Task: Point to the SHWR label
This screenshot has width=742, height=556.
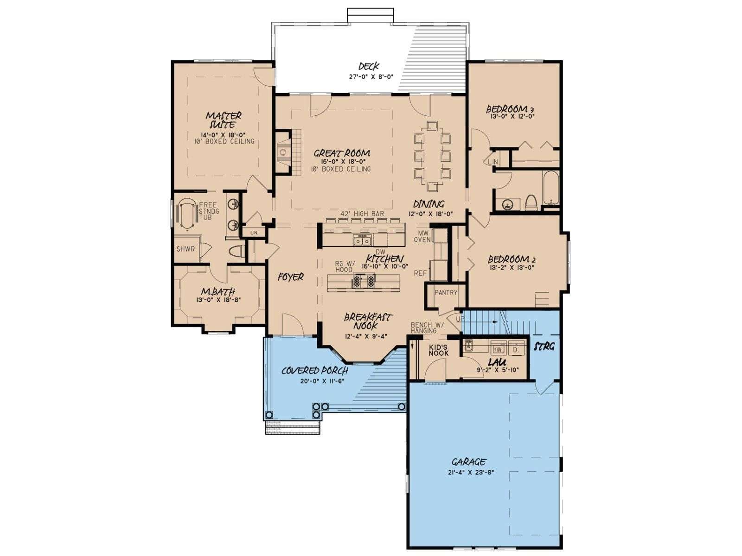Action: tap(185, 249)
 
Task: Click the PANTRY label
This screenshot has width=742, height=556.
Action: tap(446, 292)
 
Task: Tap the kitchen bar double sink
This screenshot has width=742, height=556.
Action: tap(362, 240)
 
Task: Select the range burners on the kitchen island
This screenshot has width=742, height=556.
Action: tap(364, 281)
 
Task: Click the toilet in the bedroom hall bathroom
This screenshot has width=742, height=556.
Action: tap(531, 202)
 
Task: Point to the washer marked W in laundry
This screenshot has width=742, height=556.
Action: tap(498, 349)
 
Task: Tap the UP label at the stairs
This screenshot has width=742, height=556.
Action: tap(460, 319)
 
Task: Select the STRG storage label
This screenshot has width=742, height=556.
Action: tap(544, 347)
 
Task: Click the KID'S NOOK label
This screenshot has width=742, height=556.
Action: tap(438, 350)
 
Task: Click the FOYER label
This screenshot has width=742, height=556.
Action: tap(291, 277)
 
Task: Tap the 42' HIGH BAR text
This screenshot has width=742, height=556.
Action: tap(362, 213)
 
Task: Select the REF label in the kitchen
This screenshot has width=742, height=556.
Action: tap(420, 273)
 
